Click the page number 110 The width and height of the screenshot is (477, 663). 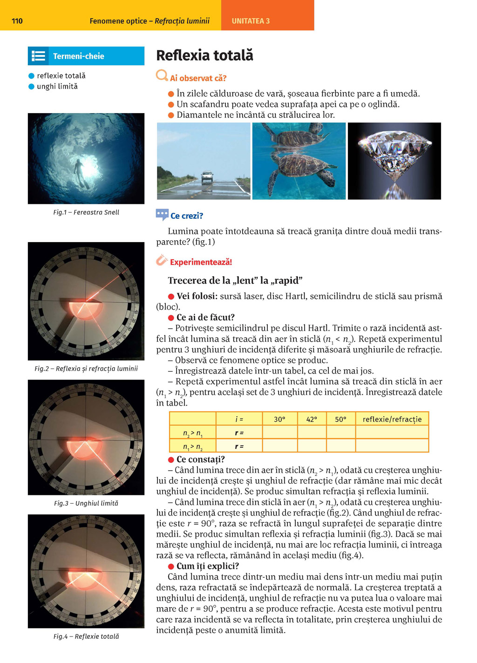tap(17, 21)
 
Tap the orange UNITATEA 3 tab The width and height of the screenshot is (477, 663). tap(251, 21)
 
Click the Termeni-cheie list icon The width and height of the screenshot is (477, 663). tap(39, 56)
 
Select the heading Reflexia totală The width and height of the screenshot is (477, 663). tap(204, 55)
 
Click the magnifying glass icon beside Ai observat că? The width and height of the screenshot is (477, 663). tap(162, 75)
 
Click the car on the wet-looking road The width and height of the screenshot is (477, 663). tap(207, 177)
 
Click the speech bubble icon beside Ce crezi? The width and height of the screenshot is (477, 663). tap(162, 215)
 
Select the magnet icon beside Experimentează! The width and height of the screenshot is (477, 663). tap(162, 260)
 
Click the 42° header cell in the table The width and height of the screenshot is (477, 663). tap(312, 419)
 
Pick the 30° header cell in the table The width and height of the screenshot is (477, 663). tap(279, 419)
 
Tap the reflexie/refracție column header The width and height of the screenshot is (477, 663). tap(392, 419)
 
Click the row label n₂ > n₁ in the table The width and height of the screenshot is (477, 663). tap(192, 433)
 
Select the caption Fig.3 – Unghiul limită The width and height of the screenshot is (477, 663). tap(86, 503)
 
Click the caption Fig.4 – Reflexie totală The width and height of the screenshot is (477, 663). tap(86, 636)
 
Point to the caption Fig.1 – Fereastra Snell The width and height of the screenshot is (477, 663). tap(86, 212)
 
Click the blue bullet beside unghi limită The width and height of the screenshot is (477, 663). tap(32, 87)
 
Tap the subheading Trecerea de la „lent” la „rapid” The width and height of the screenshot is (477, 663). tap(235, 280)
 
